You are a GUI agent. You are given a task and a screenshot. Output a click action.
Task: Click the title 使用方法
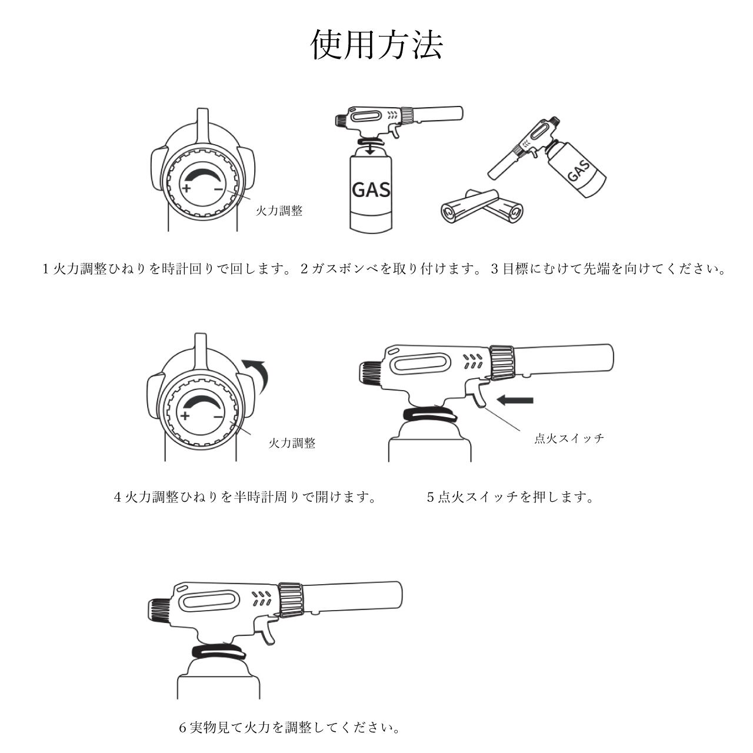coord(376,45)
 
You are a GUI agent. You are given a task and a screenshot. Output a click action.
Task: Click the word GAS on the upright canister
coord(371,189)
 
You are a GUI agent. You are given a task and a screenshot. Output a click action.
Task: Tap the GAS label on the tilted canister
coord(579,172)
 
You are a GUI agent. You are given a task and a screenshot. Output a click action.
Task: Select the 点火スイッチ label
coord(569,438)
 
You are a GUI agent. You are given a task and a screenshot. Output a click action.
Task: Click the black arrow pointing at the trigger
coord(515,401)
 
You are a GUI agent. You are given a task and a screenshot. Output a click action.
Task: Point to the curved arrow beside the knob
coord(257,375)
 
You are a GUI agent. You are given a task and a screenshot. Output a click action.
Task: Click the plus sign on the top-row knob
coord(186,189)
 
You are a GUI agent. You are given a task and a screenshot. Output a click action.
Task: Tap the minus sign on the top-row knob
coord(218,189)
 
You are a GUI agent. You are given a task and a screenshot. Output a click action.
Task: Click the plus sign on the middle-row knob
coord(185,415)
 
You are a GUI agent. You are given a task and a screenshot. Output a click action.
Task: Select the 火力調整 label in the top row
coord(279,211)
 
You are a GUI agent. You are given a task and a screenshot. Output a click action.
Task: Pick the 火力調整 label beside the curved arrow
coord(292,443)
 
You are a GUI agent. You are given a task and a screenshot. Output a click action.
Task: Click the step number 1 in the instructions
coord(46,269)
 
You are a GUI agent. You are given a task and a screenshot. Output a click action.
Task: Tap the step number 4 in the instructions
coord(117,497)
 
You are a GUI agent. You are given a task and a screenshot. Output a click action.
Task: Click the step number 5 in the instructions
coord(430,497)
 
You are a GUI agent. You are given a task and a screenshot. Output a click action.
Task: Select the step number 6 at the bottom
coord(182,728)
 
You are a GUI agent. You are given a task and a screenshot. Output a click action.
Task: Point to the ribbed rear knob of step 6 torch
coord(157,609)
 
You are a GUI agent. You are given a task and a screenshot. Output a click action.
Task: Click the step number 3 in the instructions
coord(494,269)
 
